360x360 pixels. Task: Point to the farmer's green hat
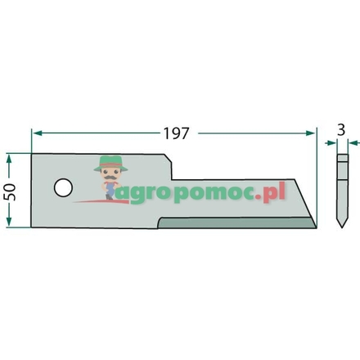(109, 161)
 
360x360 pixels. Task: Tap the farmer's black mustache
(109, 174)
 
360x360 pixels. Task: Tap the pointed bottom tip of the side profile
(342, 228)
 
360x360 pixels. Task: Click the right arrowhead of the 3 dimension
(349, 142)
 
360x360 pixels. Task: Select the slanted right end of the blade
(311, 211)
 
